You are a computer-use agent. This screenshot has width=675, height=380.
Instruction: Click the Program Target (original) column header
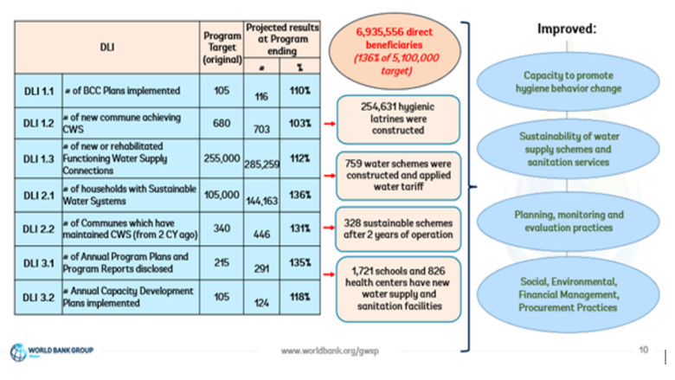coord(221,47)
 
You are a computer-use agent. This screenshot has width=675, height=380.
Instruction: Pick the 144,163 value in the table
coord(260,199)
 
